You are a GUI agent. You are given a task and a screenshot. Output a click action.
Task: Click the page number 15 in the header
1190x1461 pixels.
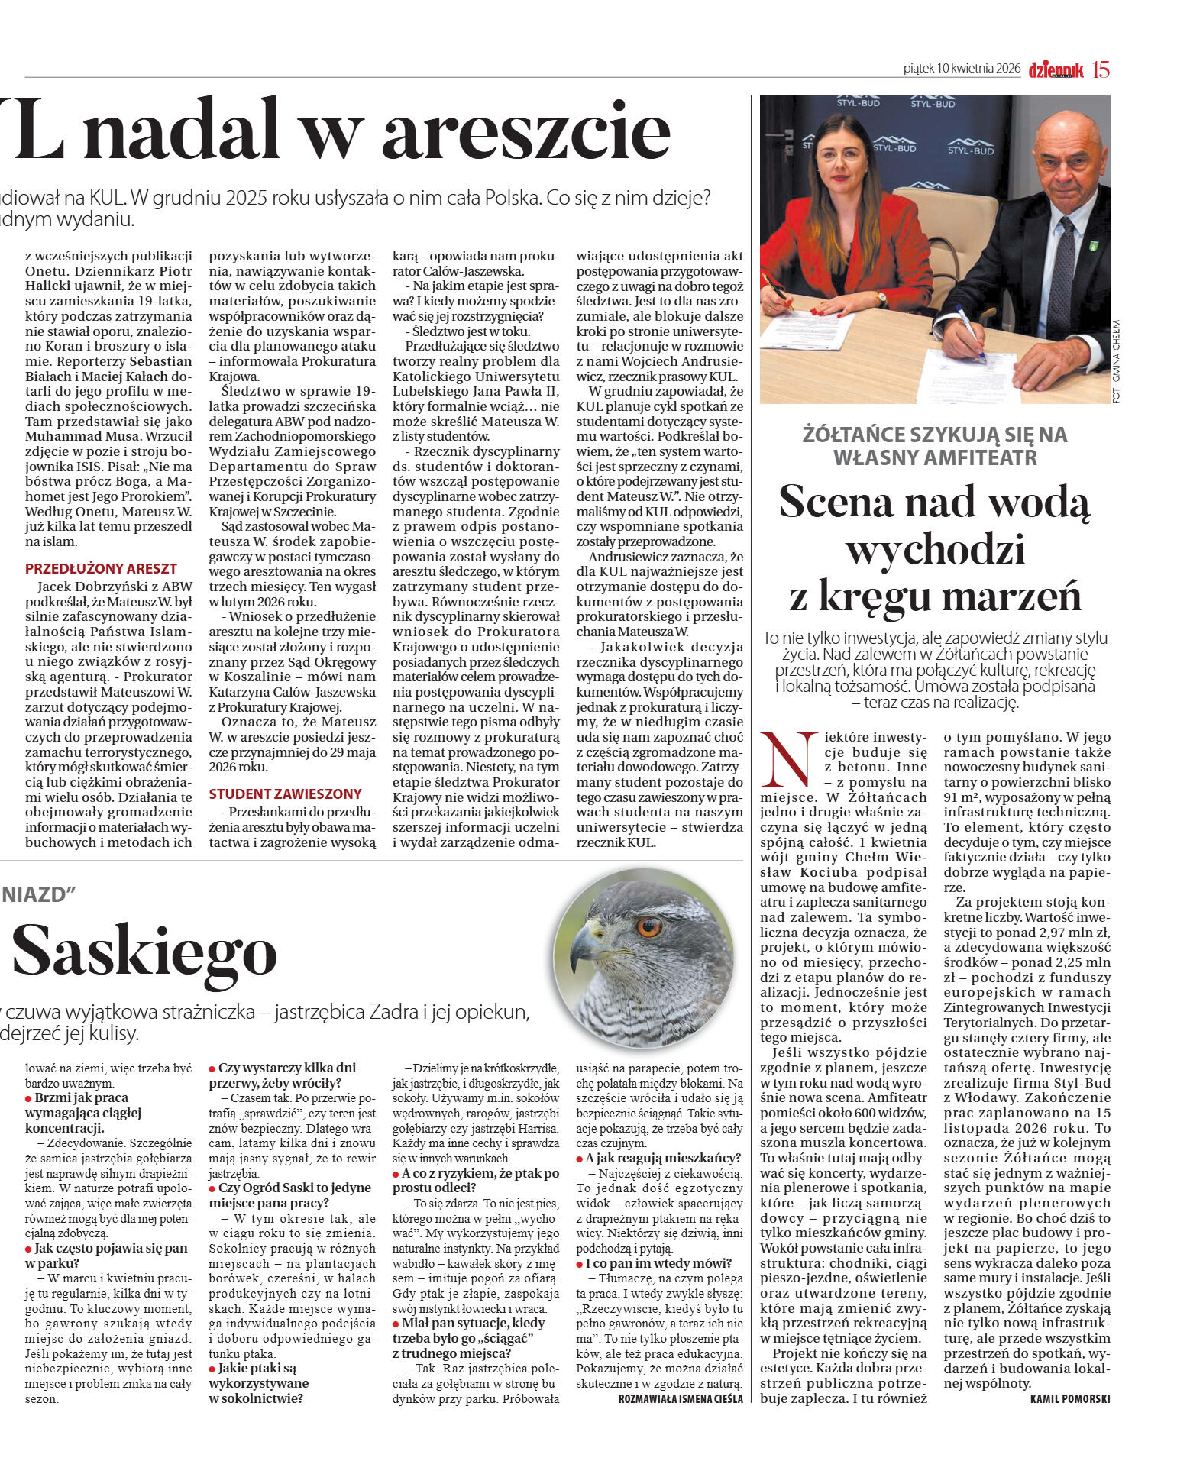[x=1101, y=69]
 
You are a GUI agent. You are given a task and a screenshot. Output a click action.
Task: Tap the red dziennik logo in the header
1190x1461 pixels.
[x=1056, y=70]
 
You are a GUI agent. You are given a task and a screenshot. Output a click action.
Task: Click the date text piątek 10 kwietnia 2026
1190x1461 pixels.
[x=962, y=69]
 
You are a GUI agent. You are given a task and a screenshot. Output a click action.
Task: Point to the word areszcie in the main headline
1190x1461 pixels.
[x=525, y=131]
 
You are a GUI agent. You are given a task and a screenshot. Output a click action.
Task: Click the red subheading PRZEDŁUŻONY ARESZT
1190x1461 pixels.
[x=101, y=569]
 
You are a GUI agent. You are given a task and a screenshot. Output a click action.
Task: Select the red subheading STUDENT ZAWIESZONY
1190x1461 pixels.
[x=285, y=794]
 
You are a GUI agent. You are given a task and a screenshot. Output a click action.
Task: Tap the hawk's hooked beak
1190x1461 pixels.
[x=584, y=947]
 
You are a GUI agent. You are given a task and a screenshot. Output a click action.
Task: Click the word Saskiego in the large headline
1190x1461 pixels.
[x=144, y=952]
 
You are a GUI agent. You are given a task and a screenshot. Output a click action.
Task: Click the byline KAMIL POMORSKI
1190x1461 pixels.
[x=1069, y=1398]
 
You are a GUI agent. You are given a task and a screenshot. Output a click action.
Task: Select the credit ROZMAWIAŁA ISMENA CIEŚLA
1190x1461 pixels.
[x=680, y=1398]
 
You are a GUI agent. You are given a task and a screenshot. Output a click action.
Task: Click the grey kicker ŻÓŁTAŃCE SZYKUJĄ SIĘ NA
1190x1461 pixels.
[x=935, y=435]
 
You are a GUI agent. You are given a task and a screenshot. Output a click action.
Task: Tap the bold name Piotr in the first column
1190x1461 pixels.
[x=176, y=271]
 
